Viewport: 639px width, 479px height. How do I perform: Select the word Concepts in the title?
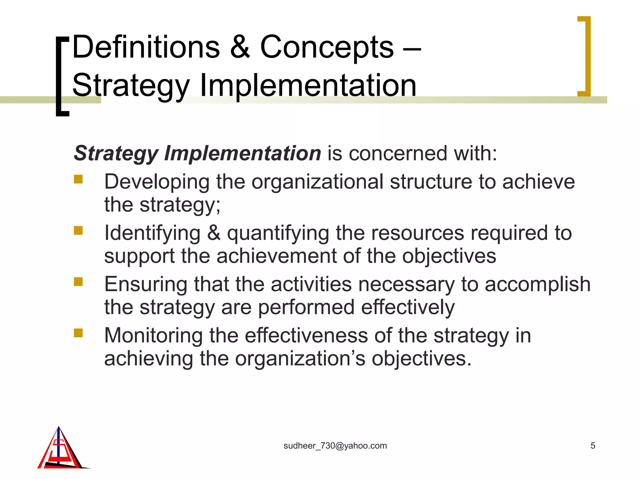tap(327, 47)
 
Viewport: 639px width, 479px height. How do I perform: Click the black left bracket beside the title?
tap(61, 76)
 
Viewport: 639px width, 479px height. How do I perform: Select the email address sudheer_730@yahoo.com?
tap(335, 446)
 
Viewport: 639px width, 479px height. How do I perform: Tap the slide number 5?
tap(593, 446)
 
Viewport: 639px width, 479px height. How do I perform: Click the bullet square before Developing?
tap(78, 179)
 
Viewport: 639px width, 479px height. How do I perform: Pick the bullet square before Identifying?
tap(78, 230)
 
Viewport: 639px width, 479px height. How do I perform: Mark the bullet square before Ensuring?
tap(78, 282)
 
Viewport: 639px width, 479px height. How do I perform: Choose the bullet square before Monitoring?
tap(78, 333)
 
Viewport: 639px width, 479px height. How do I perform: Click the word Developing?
tap(157, 182)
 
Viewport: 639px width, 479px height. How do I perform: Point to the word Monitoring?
tap(153, 336)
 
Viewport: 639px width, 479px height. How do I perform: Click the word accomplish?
tap(537, 284)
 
